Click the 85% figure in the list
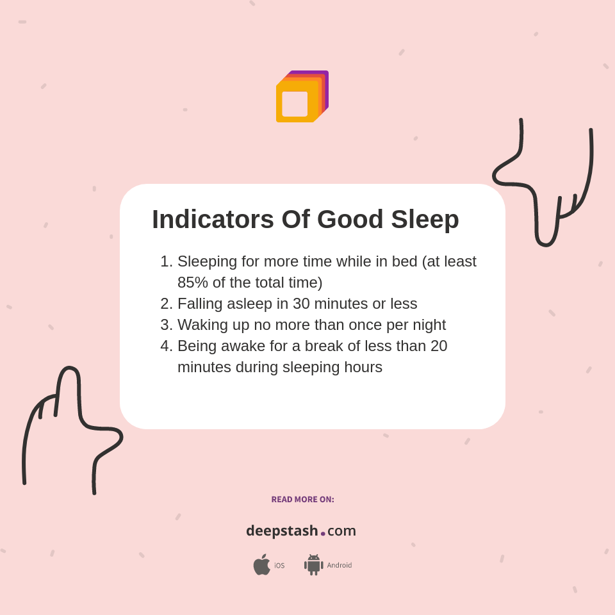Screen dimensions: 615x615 [192, 283]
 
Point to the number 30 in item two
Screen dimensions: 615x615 [302, 304]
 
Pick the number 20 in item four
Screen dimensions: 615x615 [439, 346]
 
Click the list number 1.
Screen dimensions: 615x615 [165, 261]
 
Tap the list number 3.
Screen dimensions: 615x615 [165, 325]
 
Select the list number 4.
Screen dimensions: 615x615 [165, 346]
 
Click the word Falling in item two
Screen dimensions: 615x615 [200, 304]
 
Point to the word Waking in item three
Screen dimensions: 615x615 [202, 325]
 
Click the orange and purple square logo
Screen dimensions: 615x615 [302, 97]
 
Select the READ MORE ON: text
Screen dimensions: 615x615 [302, 500]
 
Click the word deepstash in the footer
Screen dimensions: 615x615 [282, 530]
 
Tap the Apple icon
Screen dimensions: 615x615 [261, 564]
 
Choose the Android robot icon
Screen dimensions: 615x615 [313, 564]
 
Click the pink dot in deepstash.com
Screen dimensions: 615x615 [323, 534]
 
